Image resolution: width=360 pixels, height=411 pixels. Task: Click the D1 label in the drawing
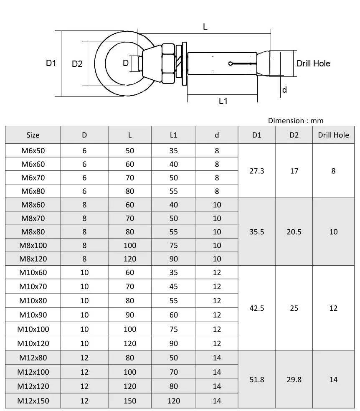(51, 63)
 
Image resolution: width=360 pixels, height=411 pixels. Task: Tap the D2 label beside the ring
(77, 64)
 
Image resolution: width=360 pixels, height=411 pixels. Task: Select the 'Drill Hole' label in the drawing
(313, 63)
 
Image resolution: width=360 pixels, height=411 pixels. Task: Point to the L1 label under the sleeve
(223, 101)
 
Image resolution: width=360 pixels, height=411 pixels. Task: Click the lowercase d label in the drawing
(284, 90)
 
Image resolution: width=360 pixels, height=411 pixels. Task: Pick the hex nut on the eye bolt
(168, 63)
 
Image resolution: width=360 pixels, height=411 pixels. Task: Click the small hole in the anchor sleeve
(231, 64)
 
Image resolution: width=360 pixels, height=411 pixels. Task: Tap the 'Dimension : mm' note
(296, 121)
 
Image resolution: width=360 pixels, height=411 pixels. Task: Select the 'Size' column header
(33, 135)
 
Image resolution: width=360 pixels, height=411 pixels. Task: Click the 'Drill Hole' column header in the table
(333, 135)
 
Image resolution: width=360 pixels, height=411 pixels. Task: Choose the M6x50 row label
(33, 151)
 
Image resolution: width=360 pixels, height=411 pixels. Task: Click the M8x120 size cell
(33, 259)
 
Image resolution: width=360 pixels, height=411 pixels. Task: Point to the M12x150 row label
(33, 401)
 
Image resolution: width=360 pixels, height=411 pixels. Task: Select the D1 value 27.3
(257, 171)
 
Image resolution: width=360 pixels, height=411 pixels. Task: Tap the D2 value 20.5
(294, 232)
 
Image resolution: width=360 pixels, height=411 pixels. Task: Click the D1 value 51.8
(257, 380)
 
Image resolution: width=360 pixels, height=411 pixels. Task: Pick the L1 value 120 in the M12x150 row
(174, 401)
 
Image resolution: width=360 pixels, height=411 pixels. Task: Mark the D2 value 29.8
(294, 380)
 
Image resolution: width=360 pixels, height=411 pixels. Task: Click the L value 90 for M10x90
(130, 315)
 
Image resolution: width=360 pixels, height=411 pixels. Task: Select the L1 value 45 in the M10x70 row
(174, 287)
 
